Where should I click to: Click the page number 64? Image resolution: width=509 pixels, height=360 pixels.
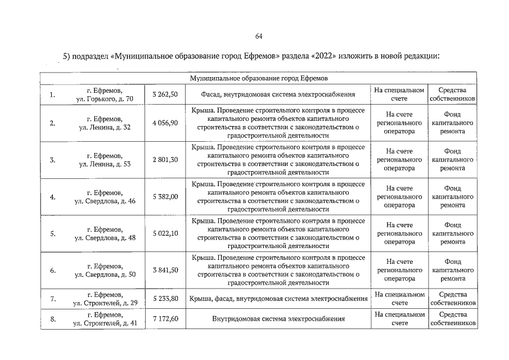tap(259, 37)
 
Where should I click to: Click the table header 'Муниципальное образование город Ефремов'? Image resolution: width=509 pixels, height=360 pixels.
tap(259, 78)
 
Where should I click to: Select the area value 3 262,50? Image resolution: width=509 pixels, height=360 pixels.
tap(165, 94)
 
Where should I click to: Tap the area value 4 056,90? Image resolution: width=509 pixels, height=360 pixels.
tap(165, 123)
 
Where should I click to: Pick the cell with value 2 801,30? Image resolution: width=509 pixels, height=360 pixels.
tap(165, 160)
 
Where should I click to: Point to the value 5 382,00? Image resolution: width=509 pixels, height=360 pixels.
tap(165, 196)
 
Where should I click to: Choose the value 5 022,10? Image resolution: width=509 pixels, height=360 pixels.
tap(165, 233)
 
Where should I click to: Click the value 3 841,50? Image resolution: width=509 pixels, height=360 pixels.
tap(165, 270)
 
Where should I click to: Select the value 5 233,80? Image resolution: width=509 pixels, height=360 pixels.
tap(165, 299)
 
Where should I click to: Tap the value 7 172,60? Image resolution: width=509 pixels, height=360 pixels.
tap(165, 319)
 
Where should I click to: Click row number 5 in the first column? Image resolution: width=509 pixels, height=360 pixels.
tap(52, 233)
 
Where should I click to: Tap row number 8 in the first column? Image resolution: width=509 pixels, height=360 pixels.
tap(52, 319)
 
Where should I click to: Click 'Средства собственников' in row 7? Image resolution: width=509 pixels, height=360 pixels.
tap(453, 299)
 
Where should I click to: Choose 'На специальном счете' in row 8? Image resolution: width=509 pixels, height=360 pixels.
tap(399, 319)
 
